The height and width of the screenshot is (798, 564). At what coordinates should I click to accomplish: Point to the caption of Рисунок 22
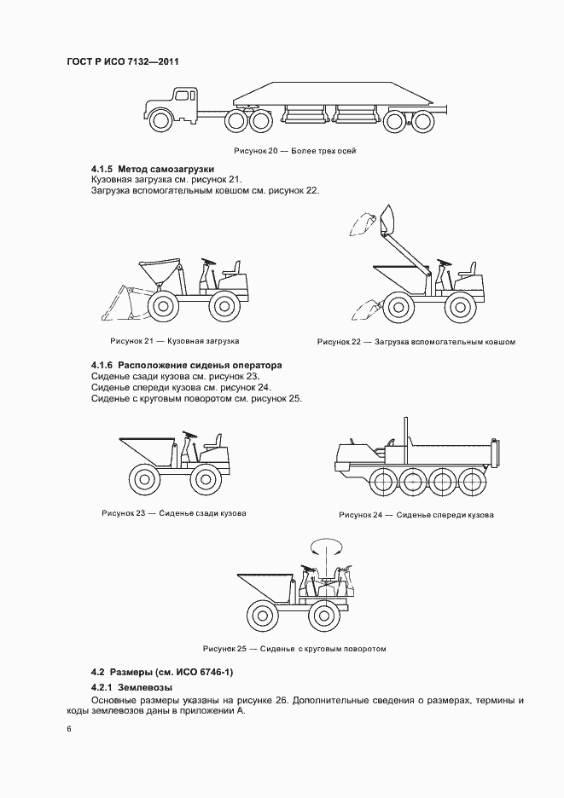(416, 342)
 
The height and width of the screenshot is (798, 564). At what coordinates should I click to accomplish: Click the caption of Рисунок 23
(174, 513)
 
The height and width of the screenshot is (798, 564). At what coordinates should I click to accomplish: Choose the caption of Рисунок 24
(416, 515)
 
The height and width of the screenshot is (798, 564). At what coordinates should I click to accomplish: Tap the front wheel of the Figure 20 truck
(160, 122)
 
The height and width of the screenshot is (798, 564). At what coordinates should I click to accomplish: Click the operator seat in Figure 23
(214, 443)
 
